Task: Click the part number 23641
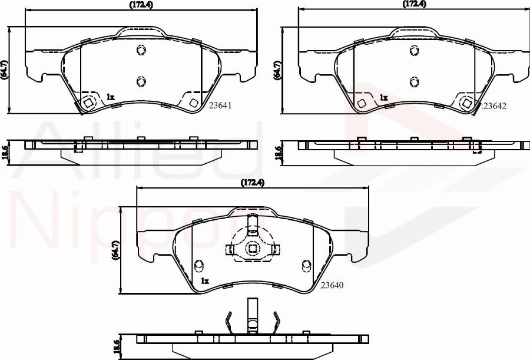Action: [x=220, y=105]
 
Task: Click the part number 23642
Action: [x=495, y=106]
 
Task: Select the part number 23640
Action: [x=332, y=285]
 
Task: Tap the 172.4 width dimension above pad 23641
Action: [x=141, y=5]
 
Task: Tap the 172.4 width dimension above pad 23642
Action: [x=415, y=4]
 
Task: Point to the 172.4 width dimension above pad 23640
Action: [x=252, y=183]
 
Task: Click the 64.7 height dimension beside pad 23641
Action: [x=4, y=70]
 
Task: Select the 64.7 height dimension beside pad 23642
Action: [x=278, y=70]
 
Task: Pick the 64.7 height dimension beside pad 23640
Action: [x=116, y=250]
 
